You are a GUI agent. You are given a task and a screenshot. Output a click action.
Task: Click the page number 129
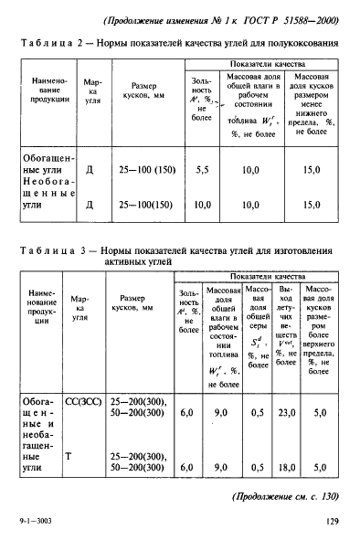click(x=332, y=522)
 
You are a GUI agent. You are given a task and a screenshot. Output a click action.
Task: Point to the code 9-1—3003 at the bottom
click(x=37, y=522)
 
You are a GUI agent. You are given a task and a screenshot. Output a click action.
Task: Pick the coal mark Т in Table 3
click(x=69, y=454)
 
